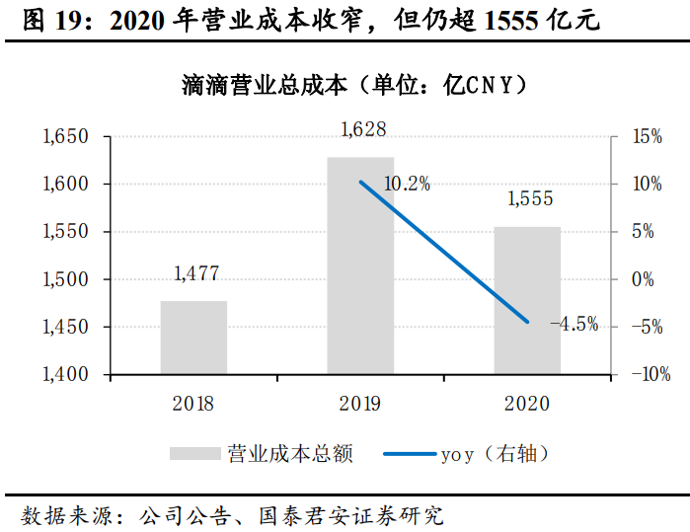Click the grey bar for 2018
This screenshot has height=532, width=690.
pyautogui.click(x=193, y=338)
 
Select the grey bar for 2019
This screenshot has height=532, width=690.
pyautogui.click(x=360, y=266)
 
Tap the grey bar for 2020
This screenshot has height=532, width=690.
pyautogui.click(x=527, y=300)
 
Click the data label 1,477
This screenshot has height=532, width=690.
pyautogui.click(x=195, y=273)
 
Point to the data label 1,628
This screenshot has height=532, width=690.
pyautogui.click(x=362, y=129)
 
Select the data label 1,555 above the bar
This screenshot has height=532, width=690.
pyautogui.click(x=529, y=198)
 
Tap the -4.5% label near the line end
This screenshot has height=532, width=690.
pyautogui.click(x=574, y=324)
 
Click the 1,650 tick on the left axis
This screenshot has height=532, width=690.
pyautogui.click(x=66, y=136)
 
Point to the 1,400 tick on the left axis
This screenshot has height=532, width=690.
pyautogui.click(x=66, y=375)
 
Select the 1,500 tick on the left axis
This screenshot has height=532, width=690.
pyautogui.click(x=66, y=279)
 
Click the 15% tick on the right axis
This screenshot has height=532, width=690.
pyautogui.click(x=647, y=136)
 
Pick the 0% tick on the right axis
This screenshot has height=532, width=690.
pyautogui.click(x=643, y=279)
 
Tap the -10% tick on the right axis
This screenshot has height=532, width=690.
pyautogui.click(x=651, y=375)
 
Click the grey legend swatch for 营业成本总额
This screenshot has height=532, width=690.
pyautogui.click(x=194, y=454)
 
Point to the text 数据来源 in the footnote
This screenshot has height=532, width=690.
pyautogui.click(x=59, y=514)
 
